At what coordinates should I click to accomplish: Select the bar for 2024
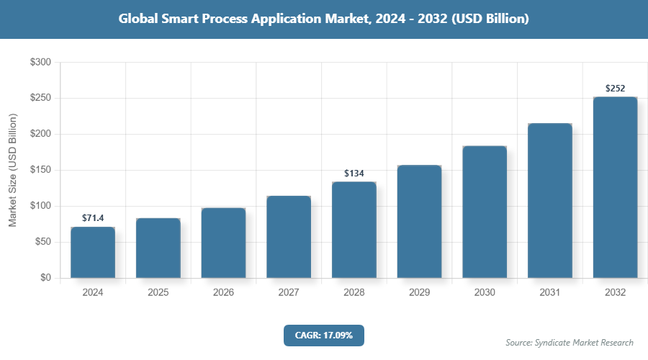pos(93,253)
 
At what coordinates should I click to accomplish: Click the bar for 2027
pos(289,237)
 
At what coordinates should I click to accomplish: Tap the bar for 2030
pos(485,212)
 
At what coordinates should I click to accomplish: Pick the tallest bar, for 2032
pos(615,187)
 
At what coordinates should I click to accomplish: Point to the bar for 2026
pos(223,243)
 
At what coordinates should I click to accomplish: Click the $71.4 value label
pos(93,217)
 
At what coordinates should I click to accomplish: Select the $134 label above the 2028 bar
pos(354,174)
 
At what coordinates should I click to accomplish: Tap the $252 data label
pos(615,89)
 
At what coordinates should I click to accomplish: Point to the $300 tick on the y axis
pos(40,63)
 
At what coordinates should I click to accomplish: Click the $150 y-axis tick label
pos(40,170)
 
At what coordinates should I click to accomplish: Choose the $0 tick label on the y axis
pos(45,278)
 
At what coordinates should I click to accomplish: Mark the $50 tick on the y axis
pos(42,242)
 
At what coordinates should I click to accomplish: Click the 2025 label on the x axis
pos(158,293)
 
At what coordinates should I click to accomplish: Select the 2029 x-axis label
pos(419,293)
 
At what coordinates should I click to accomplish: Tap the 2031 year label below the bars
pos(549,293)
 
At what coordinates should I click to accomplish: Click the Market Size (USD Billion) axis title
pos(12,170)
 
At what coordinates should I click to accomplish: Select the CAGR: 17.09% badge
pos(323,336)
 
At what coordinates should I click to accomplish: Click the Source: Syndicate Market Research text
pos(570,342)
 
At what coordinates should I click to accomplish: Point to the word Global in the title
pos(138,19)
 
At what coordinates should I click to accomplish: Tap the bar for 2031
pos(549,201)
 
